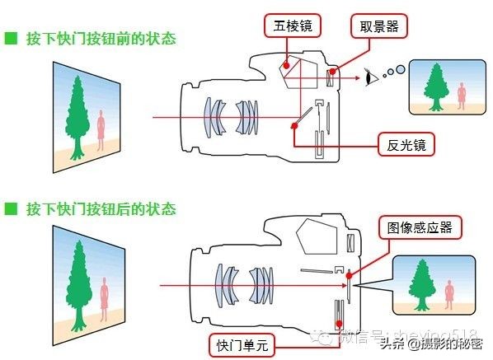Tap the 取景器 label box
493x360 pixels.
coord(378,27)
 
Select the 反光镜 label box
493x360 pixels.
coord(406,146)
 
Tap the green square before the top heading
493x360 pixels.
coord(11,39)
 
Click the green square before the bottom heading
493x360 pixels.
coord(11,208)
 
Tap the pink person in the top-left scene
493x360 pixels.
coord(101,130)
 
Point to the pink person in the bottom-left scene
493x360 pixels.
coord(102,294)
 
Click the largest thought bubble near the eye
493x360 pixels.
coord(400,69)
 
